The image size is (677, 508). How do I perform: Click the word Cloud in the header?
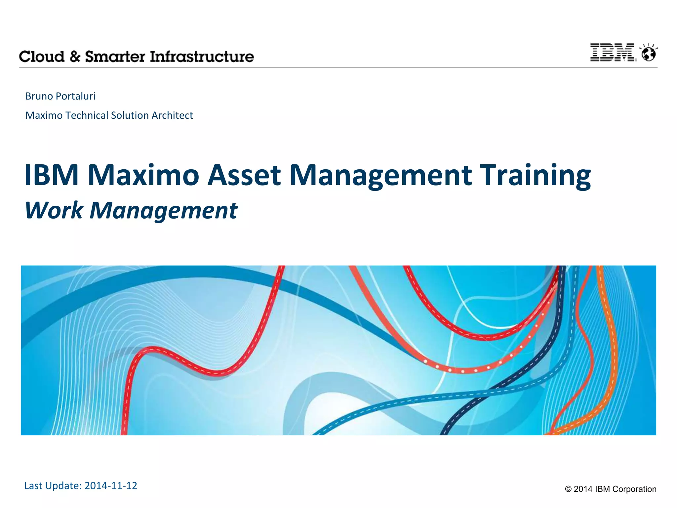42,57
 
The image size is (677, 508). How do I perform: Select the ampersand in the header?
75,57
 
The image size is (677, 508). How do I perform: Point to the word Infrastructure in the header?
202,57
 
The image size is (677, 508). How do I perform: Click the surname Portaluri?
75,96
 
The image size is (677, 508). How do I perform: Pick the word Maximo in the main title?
143,175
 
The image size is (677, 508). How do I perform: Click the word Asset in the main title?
244,175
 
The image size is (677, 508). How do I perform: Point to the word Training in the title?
535,175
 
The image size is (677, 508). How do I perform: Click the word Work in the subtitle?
54,210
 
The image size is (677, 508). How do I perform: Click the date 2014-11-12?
111,486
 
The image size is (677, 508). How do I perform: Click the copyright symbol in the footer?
568,489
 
